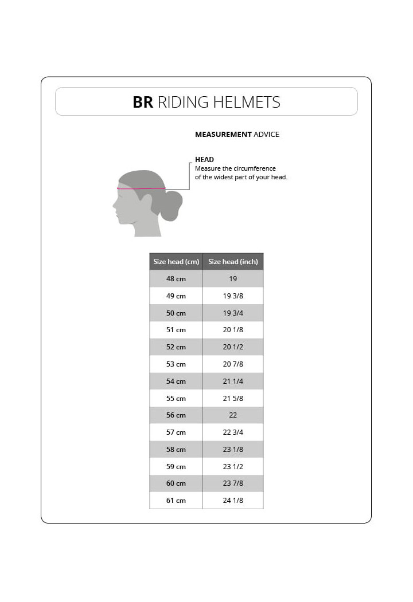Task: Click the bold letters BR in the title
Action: click(143, 103)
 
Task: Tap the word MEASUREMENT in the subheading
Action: click(223, 135)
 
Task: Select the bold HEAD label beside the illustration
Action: click(204, 160)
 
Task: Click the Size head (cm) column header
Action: click(176, 262)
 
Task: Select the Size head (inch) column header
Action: click(233, 262)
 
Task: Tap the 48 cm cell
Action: click(176, 279)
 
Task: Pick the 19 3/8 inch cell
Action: click(233, 296)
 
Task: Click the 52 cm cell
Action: click(176, 347)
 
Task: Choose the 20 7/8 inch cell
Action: click(233, 364)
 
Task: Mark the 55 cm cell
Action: click(176, 398)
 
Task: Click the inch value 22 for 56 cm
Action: click(233, 415)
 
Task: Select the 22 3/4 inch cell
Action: click(233, 432)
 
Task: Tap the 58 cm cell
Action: click(176, 450)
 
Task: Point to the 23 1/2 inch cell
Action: click(233, 466)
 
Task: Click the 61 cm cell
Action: click(176, 501)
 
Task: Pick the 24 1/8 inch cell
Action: click(233, 501)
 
